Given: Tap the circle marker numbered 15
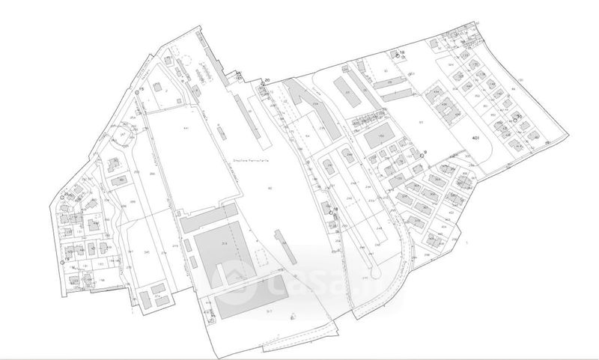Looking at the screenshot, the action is click(137, 92).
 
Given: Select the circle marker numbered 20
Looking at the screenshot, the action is click(261, 85).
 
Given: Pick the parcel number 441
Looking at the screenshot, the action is click(184, 129).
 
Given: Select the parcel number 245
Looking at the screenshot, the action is click(147, 252).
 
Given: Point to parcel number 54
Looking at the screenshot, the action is click(307, 136).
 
